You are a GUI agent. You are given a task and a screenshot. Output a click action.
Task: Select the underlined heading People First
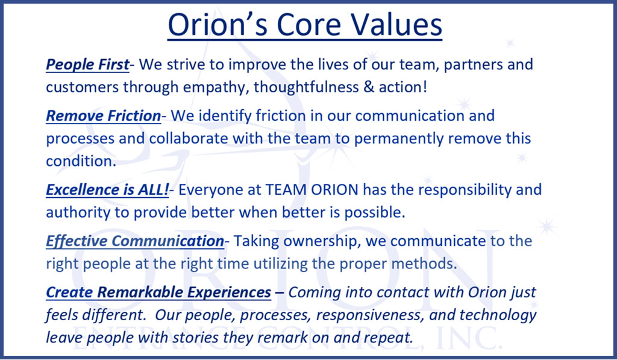click(87, 65)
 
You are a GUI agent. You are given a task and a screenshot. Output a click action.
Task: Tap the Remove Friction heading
click(104, 116)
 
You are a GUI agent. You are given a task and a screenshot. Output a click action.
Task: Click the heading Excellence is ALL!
click(107, 190)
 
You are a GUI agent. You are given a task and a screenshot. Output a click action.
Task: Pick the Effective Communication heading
click(135, 241)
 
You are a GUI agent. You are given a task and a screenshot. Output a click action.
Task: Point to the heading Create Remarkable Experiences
click(158, 292)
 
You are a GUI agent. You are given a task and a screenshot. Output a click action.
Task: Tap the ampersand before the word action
click(369, 87)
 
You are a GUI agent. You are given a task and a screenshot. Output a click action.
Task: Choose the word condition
click(81, 161)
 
